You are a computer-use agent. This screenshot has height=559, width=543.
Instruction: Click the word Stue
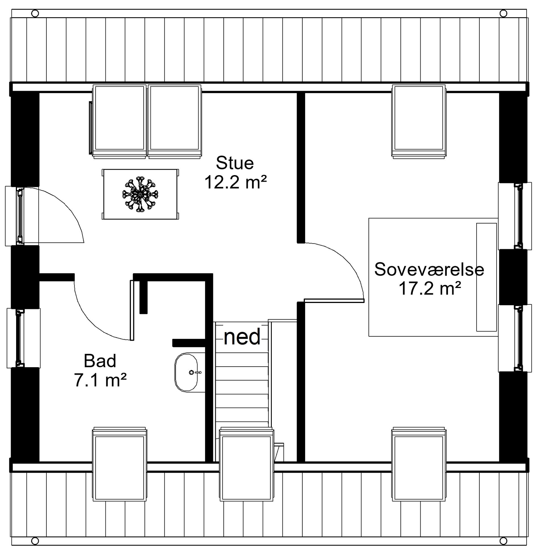click(235, 163)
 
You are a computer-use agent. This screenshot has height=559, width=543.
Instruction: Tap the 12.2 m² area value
click(236, 182)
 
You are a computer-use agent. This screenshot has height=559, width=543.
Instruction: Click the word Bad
click(100, 361)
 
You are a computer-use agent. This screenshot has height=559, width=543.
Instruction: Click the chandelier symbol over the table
click(140, 194)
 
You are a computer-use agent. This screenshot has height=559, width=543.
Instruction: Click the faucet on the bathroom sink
click(195, 372)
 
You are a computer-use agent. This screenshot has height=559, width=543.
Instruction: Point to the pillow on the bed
click(486, 277)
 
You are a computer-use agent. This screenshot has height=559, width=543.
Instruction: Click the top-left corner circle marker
click(35, 13)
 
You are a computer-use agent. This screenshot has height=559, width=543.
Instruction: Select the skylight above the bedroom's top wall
click(419, 121)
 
